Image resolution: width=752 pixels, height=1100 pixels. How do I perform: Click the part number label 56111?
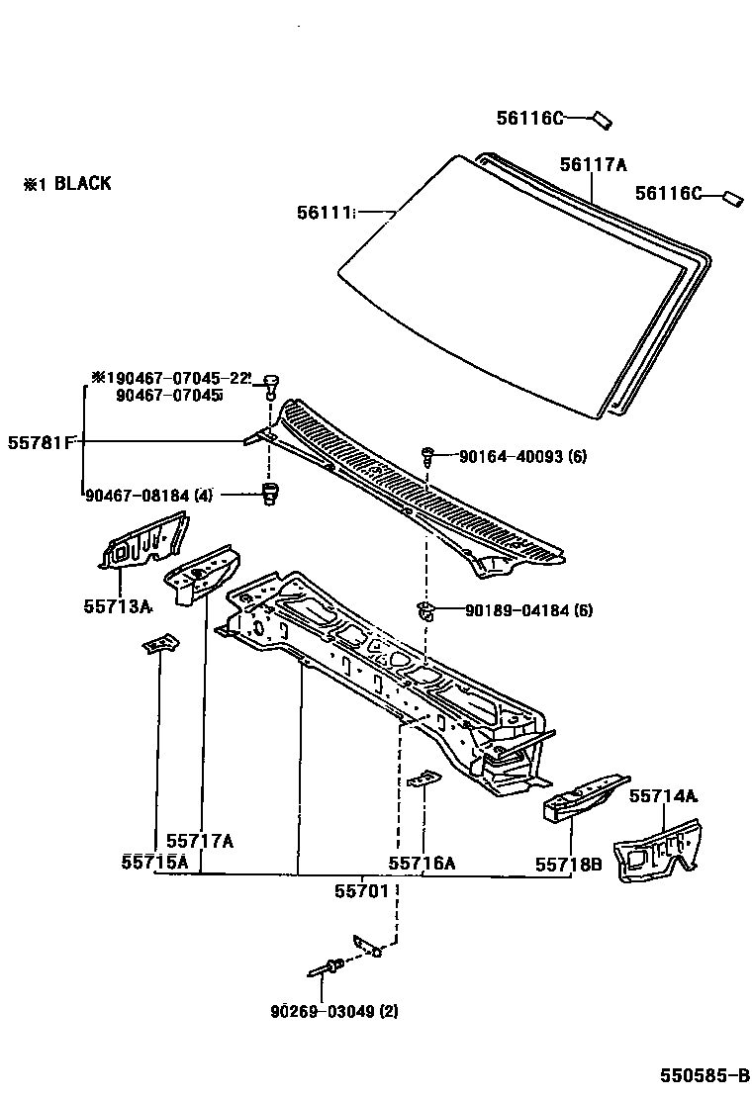click(326, 211)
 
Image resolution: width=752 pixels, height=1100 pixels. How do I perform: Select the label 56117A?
click(594, 165)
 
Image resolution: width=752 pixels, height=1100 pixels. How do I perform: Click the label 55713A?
click(117, 605)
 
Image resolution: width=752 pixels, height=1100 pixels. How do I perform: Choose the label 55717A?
click(200, 842)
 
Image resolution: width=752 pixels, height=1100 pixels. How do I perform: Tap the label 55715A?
click(154, 863)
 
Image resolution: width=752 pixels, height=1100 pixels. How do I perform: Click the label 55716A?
click(422, 863)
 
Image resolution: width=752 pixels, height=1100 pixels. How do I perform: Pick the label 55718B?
click(569, 863)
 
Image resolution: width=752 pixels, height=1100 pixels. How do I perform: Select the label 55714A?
click(663, 794)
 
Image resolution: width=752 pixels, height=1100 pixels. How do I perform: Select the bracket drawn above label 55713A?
click(143, 548)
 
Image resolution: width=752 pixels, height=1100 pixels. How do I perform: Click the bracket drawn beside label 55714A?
click(658, 847)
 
